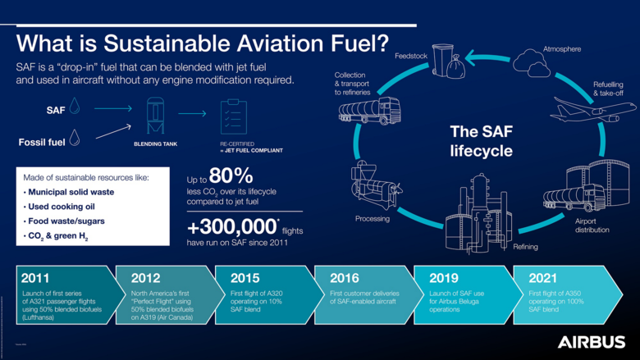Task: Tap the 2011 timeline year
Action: [x=36, y=278]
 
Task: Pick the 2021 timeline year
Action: [x=545, y=278]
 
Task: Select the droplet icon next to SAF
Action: [x=75, y=107]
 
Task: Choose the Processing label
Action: [x=372, y=219]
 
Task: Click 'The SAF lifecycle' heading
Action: [x=481, y=141]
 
